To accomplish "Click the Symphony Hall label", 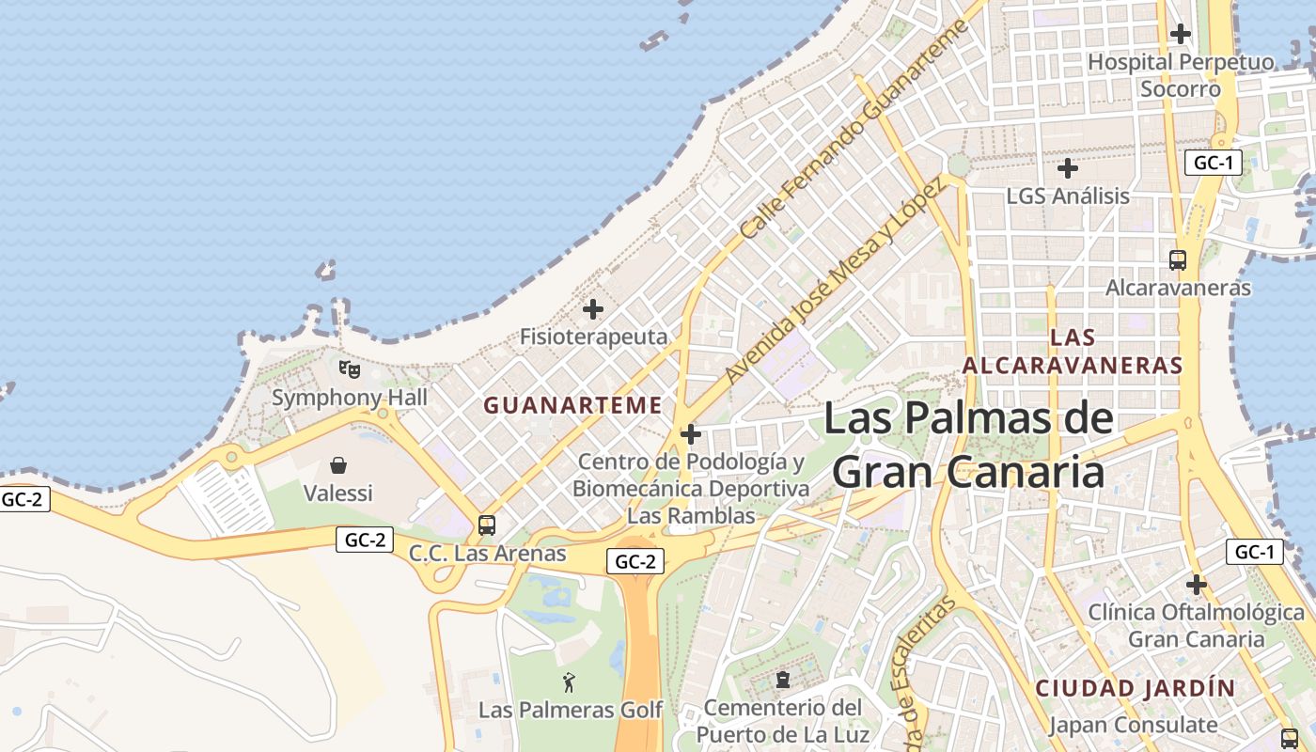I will tap(350, 398).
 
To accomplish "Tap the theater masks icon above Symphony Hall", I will tap(350, 368).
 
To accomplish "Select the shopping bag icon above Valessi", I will tap(338, 465).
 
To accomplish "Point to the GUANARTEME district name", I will tap(572, 405).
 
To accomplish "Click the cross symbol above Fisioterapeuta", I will tap(593, 308).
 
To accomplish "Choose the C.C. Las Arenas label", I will tap(487, 554).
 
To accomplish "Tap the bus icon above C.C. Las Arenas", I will tap(487, 525).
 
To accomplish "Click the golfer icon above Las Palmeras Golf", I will tap(569, 682).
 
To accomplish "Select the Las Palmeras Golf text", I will tap(571, 710).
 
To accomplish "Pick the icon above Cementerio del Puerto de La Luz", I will tap(782, 679).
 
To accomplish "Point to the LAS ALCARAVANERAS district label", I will tap(1073, 351).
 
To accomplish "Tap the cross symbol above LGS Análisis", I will tap(1068, 169).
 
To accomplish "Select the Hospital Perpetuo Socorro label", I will tap(1181, 75).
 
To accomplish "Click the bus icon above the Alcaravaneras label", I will tap(1178, 260).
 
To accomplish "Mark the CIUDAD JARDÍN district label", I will tap(1136, 688).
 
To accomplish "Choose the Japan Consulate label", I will tap(1133, 725).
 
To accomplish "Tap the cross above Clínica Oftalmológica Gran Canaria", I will tap(1196, 585).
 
